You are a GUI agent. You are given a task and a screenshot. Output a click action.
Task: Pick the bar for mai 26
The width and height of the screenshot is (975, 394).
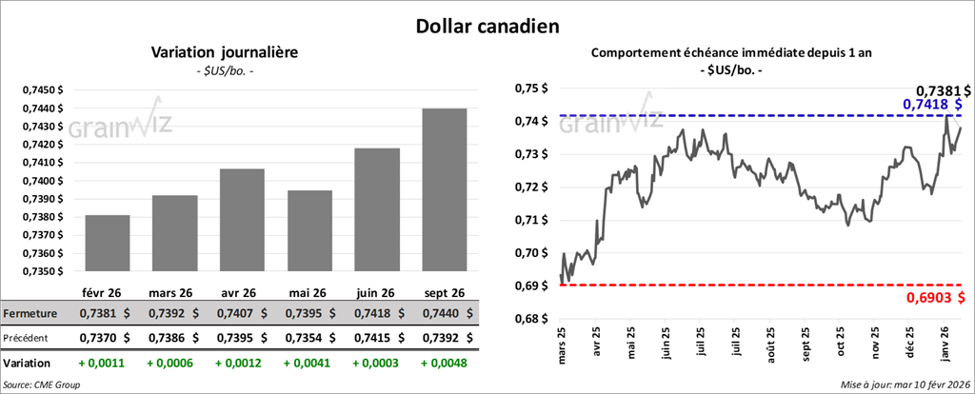(x=309, y=230)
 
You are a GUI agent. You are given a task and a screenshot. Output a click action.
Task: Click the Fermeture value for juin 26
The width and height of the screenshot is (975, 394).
(x=377, y=313)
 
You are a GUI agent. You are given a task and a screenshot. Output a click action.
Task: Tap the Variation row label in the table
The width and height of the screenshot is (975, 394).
(x=27, y=363)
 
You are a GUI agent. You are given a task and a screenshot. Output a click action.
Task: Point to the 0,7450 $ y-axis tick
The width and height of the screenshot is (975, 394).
(x=43, y=89)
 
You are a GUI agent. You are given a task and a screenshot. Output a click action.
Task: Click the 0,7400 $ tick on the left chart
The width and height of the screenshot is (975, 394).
(x=43, y=181)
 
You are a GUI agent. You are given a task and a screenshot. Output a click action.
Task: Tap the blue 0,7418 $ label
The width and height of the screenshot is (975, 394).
(x=931, y=103)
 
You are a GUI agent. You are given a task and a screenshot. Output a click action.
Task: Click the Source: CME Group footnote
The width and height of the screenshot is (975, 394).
(x=41, y=384)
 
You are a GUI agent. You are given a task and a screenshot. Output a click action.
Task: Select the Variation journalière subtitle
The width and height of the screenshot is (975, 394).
(x=225, y=52)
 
